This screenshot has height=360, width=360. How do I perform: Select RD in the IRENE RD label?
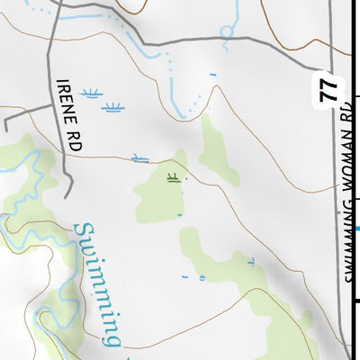(72, 139)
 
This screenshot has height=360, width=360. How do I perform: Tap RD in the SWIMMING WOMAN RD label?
(348, 115)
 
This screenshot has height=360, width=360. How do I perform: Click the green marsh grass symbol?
(172, 175)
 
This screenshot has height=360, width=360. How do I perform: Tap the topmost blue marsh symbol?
(90, 93)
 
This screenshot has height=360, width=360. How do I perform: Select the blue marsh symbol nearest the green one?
(139, 159)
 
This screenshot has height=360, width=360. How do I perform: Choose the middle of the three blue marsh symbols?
(112, 108)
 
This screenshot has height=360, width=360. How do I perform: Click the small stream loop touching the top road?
(226, 31)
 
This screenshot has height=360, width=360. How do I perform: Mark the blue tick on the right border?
(357, 229)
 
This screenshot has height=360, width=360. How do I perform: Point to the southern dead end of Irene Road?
(68, 193)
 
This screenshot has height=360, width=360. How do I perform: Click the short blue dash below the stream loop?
(213, 74)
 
